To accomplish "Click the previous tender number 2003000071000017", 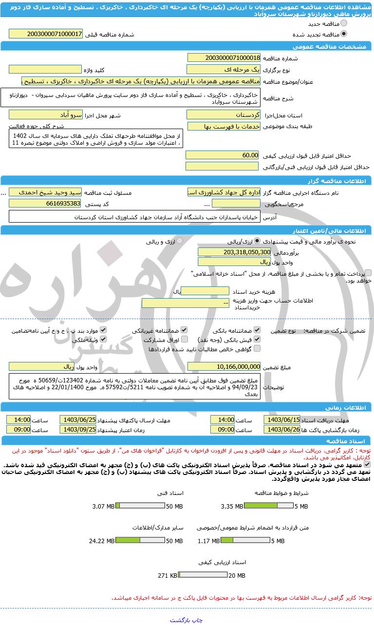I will [x=45, y=34].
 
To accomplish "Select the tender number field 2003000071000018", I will [x=224, y=58].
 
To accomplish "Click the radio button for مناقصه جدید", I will [x=344, y=23].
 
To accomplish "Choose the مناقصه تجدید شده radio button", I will [x=344, y=34].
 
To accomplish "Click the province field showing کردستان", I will [x=224, y=115].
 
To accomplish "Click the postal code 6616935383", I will [x=45, y=203].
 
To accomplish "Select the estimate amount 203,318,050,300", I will [x=234, y=252].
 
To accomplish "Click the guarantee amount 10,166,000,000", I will [x=224, y=366].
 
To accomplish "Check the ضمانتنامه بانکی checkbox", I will [x=257, y=330].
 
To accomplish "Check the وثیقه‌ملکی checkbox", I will [x=103, y=340].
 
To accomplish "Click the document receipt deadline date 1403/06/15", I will [x=282, y=420].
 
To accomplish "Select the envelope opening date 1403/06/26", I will [x=282, y=429].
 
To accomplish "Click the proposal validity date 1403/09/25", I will [x=78, y=429].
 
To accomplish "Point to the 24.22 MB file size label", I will [x=102, y=541].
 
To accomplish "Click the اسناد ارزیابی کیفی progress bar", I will [x=203, y=575].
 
